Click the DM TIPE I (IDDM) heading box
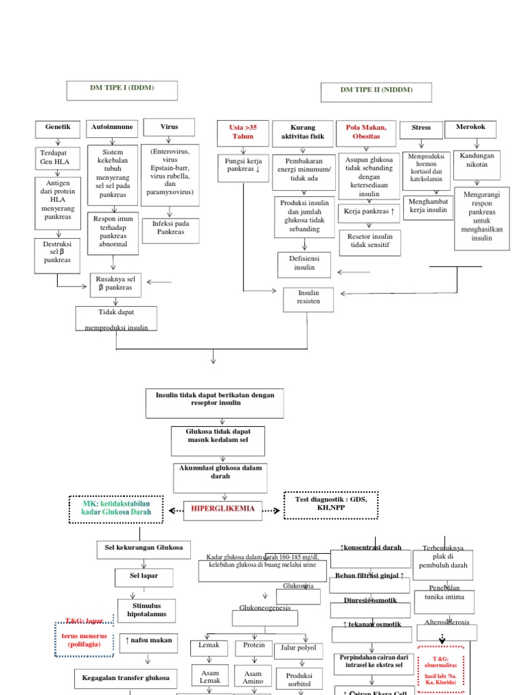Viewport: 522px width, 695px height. point(122,90)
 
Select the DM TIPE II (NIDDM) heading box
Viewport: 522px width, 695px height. point(377,90)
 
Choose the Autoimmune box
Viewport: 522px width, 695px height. point(113,128)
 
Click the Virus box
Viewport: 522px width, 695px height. point(169,128)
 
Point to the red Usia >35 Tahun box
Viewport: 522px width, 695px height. point(243,132)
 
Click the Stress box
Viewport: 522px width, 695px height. point(421,129)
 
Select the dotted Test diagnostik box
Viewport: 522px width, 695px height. point(331,505)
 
